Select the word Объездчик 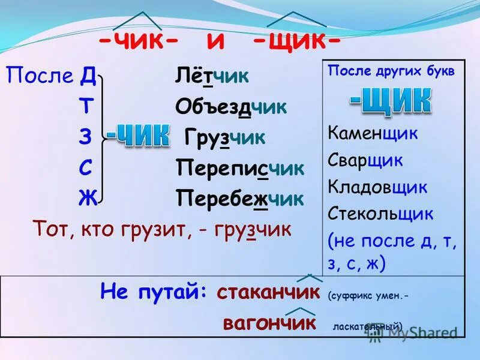[231, 107]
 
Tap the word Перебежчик [240, 198]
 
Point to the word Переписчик [240, 167]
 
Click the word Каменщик [373, 133]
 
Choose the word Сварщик [365, 160]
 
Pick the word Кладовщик [377, 187]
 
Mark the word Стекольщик [380, 214]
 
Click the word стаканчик [268, 292]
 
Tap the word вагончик [269, 323]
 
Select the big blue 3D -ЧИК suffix [138, 137]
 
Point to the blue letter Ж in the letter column [87, 198]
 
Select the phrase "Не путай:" [154, 292]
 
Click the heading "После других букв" [391, 70]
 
